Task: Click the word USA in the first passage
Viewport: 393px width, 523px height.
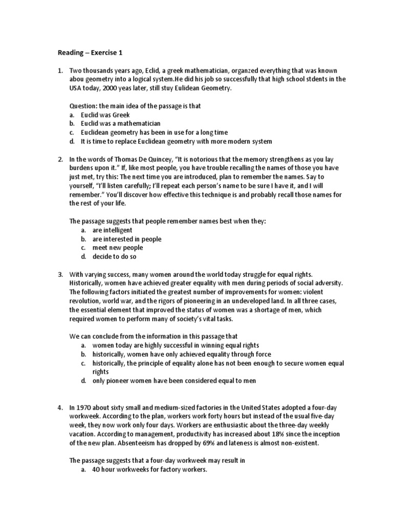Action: click(76, 88)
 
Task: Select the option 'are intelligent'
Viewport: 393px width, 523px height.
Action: click(112, 230)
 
